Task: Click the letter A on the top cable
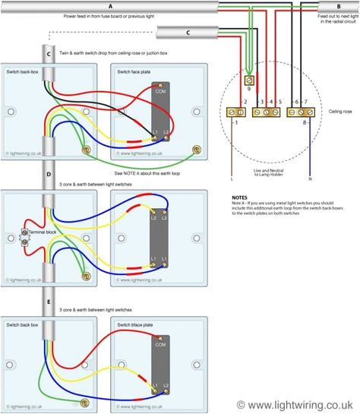pyautogui.click(x=110, y=6)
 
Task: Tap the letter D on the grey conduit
pyautogui.click(x=49, y=174)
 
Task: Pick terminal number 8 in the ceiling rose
pyautogui.click(x=306, y=122)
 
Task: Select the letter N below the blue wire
pyautogui.click(x=311, y=179)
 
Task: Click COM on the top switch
pyautogui.click(x=159, y=91)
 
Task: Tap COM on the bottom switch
pyautogui.click(x=159, y=344)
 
